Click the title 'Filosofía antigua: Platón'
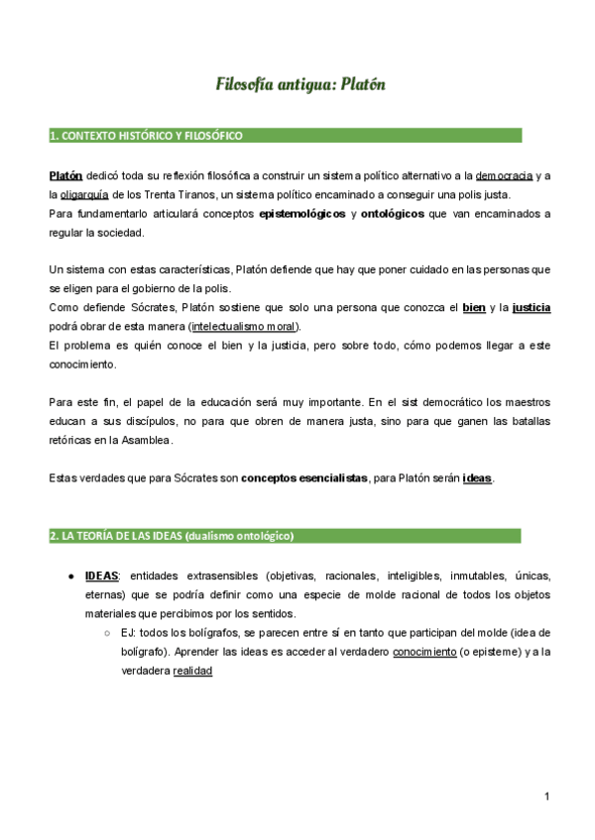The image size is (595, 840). [x=300, y=84]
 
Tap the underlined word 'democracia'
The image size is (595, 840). [x=505, y=175]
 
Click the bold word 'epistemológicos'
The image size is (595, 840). [x=300, y=214]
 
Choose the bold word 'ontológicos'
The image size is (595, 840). [x=392, y=214]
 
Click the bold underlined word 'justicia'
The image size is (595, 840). [x=532, y=308]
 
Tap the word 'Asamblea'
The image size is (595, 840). [x=146, y=440]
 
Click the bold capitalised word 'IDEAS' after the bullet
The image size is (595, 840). [x=102, y=576]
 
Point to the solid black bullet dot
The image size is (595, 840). [x=72, y=577]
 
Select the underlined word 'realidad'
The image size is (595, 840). [x=192, y=671]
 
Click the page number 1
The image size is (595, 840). [x=546, y=796]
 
